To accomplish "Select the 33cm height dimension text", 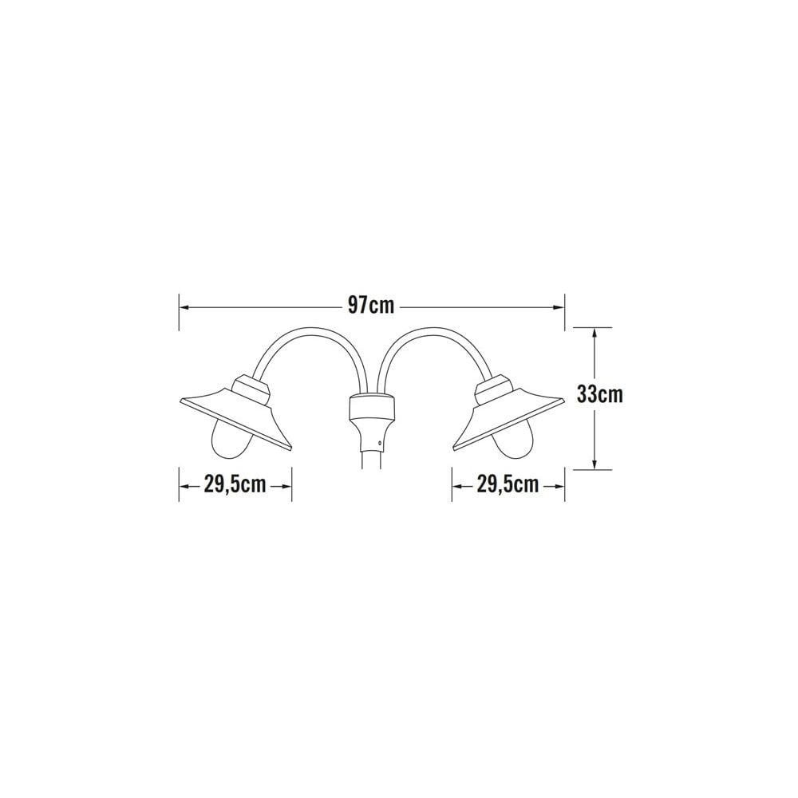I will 599,394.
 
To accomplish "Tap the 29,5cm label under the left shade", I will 235,484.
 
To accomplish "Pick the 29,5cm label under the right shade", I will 508,484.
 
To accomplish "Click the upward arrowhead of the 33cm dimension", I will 595,334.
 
